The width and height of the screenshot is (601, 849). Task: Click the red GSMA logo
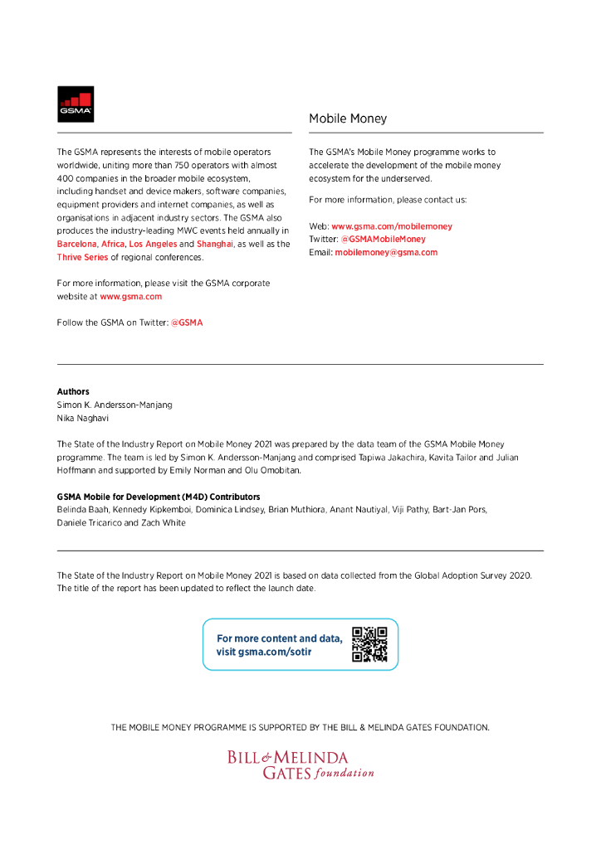[76, 104]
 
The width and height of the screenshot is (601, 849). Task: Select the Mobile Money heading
[348, 119]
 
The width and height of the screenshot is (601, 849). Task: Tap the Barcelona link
[76, 245]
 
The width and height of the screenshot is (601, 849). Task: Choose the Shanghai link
[215, 245]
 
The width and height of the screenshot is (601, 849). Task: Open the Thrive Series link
[82, 257]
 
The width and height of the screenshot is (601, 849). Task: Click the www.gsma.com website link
[131, 296]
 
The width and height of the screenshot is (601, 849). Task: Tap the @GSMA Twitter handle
[187, 323]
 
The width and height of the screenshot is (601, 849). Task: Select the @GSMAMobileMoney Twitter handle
[383, 239]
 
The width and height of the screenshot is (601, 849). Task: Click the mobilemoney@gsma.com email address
[386, 252]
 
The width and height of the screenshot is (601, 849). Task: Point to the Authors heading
[73, 391]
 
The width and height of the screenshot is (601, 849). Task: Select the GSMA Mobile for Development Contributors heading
[159, 497]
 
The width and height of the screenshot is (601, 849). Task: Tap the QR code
[369, 644]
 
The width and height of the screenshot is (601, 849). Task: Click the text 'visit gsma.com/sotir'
[264, 652]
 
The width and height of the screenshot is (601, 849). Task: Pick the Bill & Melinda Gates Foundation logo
[300, 764]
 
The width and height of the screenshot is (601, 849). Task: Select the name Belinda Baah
[81, 510]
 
